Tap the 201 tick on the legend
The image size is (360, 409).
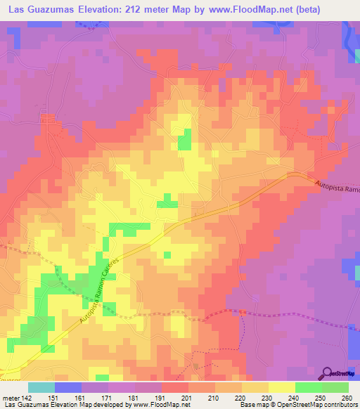186,398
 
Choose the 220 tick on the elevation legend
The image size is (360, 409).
238,398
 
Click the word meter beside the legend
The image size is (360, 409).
10,398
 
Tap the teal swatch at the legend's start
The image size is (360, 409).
41,387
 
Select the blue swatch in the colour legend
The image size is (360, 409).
67,387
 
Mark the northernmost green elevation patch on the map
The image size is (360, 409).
184,139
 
